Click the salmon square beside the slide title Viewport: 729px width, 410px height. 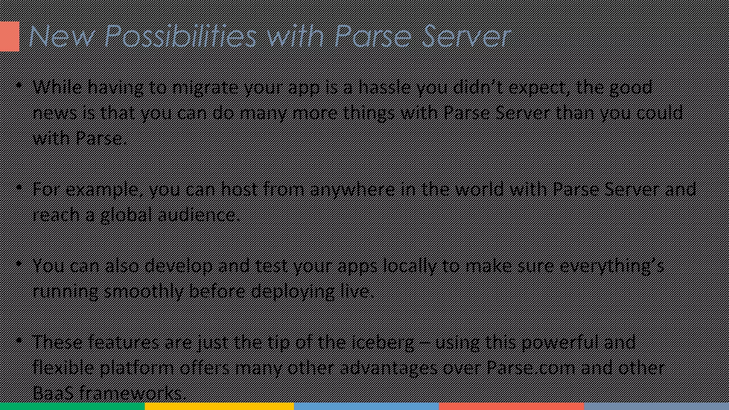(10, 36)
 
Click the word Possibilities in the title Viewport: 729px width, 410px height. (180, 36)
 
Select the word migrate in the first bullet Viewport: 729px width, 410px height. (205, 88)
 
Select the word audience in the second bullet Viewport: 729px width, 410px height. (198, 215)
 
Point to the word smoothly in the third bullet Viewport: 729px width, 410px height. (144, 291)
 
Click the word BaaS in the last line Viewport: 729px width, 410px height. (53, 393)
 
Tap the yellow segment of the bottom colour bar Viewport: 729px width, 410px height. (219, 406)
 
